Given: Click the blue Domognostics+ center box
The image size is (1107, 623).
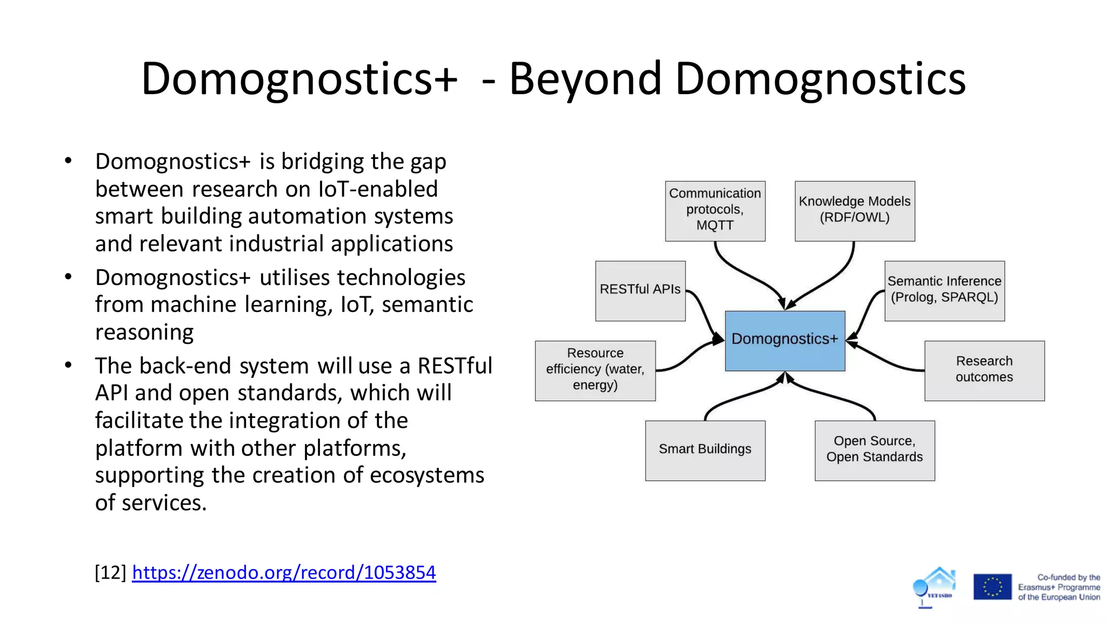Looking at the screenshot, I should (785, 341).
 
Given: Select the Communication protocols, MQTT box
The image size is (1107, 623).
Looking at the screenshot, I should (715, 211).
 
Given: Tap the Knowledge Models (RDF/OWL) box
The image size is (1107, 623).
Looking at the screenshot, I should (855, 211).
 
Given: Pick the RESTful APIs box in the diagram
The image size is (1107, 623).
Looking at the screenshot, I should (640, 290).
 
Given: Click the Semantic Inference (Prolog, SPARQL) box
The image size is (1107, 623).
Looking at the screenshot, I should (944, 290).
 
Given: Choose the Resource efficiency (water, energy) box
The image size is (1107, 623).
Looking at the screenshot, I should (595, 370).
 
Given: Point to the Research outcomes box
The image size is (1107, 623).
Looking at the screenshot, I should (984, 370).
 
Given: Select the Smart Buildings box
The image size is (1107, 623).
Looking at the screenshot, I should (705, 450).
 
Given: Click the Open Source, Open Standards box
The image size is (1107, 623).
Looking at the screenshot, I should (875, 450).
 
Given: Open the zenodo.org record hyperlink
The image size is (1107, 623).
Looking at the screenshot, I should (284, 572).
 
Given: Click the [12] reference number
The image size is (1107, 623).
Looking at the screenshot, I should (110, 572).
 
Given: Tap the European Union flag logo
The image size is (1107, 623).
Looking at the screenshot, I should (992, 587).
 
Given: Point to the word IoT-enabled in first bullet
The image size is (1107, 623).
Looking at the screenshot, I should (378, 189).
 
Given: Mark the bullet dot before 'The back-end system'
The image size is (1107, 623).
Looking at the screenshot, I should (68, 365).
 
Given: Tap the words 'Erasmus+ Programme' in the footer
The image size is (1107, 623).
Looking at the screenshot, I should (1058, 587).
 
